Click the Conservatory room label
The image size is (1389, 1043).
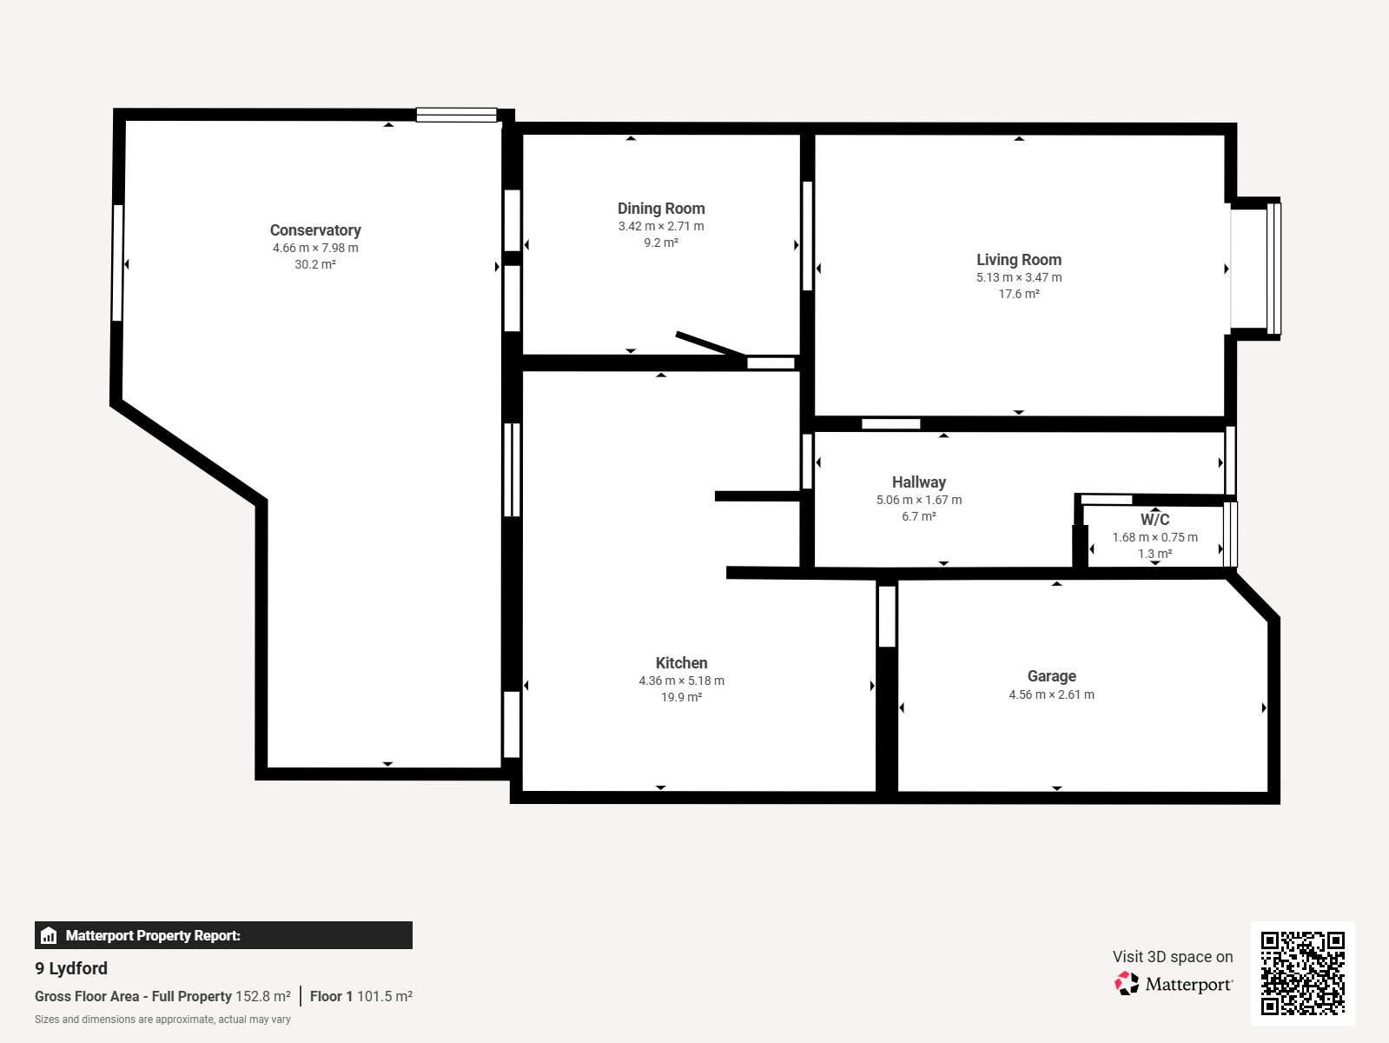[x=315, y=230]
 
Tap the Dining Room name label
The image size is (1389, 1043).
[x=661, y=209]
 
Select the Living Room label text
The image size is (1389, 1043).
[x=1019, y=260]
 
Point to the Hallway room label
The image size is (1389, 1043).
[x=919, y=482]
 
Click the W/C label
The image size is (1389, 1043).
[x=1154, y=520]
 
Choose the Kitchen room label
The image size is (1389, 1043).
[x=682, y=662]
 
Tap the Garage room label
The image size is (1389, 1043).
[x=1052, y=676]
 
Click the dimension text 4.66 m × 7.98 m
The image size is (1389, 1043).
[x=315, y=248]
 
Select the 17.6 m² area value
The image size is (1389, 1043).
[x=1019, y=294]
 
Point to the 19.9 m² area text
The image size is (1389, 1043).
[x=682, y=697]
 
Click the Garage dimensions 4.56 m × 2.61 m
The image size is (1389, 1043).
[x=1052, y=694]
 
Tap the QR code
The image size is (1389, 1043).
[x=1303, y=973]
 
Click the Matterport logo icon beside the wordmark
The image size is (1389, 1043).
[x=1127, y=984]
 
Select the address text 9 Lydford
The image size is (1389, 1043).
[x=71, y=968]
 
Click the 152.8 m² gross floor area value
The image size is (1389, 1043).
[x=262, y=996]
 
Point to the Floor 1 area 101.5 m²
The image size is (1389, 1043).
[x=361, y=996]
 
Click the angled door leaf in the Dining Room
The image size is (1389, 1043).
[x=711, y=344]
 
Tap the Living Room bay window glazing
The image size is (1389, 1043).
[x=1273, y=269]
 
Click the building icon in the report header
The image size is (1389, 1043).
[x=49, y=935]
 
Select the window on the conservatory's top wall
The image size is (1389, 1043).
[x=456, y=115]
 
